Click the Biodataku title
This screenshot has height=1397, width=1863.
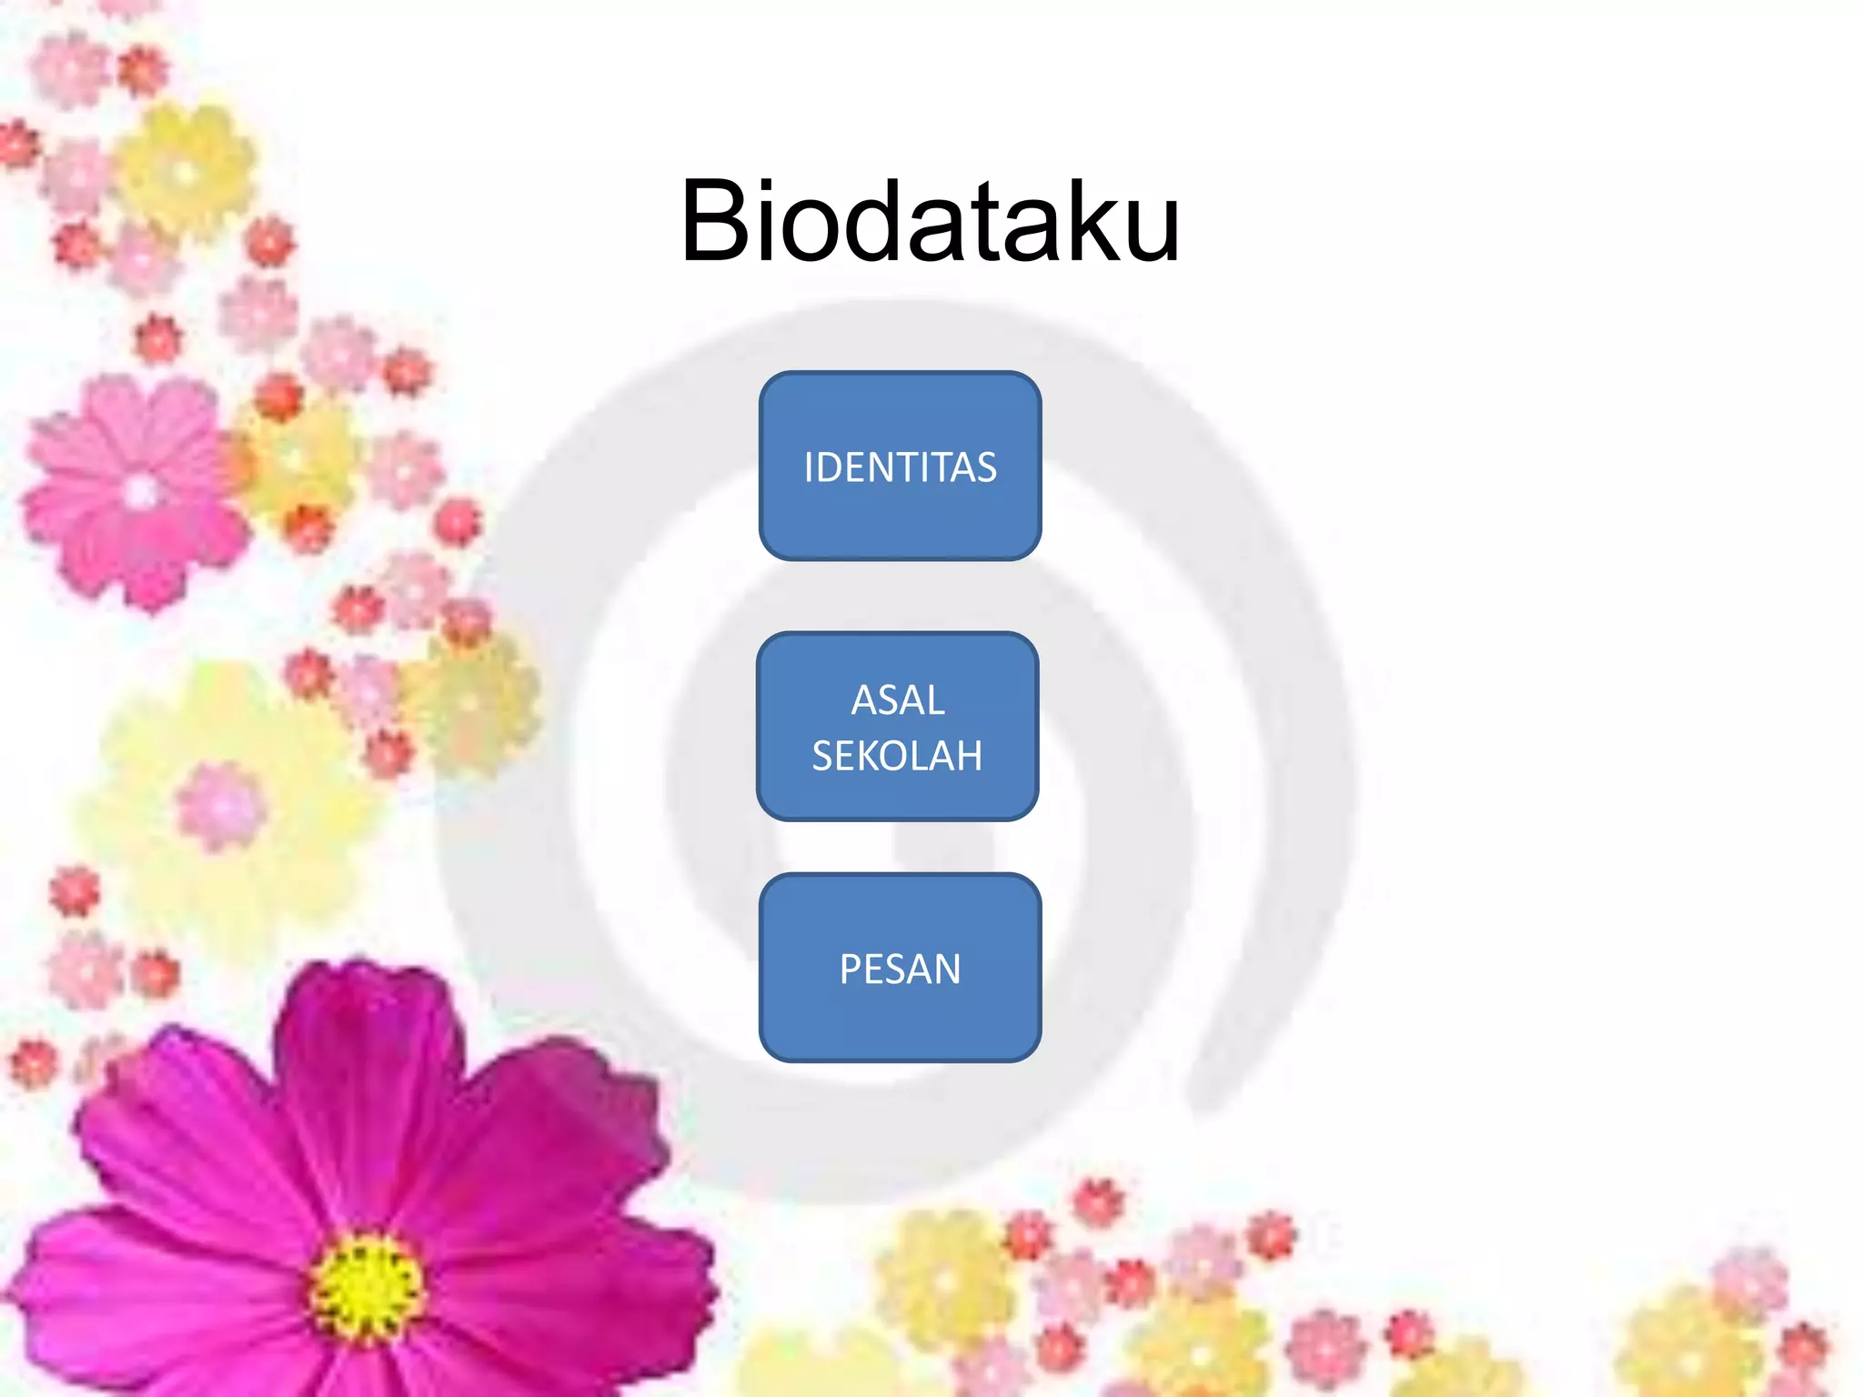tap(930, 221)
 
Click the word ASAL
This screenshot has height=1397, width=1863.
tap(898, 700)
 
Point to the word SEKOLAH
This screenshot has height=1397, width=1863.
tap(897, 756)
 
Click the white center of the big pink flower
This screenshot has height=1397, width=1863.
tap(140, 492)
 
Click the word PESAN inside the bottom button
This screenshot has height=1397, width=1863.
tap(900, 970)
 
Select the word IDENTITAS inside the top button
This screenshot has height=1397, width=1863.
tap(900, 467)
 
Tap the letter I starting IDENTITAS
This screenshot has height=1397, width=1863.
tap(809, 467)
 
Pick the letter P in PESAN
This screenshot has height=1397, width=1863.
tap(851, 970)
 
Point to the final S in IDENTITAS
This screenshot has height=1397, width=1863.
tap(986, 467)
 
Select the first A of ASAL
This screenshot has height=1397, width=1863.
tap(865, 700)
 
